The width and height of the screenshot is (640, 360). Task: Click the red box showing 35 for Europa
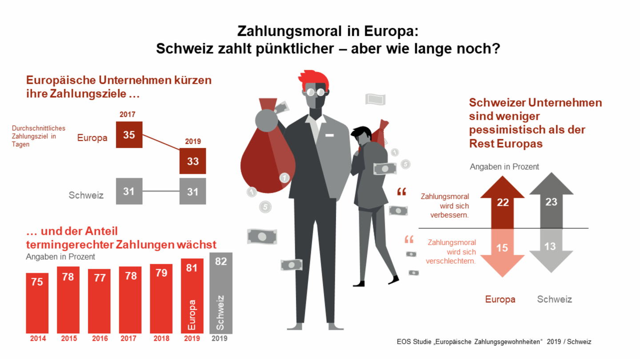pyautogui.click(x=129, y=135)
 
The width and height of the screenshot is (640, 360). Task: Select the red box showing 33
pyautogui.click(x=192, y=161)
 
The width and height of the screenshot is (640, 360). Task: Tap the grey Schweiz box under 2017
pyautogui.click(x=129, y=191)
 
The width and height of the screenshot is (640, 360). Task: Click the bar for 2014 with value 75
pyautogui.click(x=37, y=303)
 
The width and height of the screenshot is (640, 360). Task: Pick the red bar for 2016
pyautogui.click(x=99, y=301)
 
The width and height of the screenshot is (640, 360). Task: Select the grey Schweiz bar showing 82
pyautogui.click(x=221, y=293)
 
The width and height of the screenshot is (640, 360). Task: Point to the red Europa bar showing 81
pyautogui.click(x=192, y=296)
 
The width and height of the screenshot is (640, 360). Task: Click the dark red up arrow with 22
pyautogui.click(x=502, y=202)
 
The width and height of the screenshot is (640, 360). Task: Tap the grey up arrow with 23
pyautogui.click(x=551, y=200)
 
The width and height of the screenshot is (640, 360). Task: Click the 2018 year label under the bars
pyautogui.click(x=161, y=339)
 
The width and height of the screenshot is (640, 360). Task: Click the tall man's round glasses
pyautogui.click(x=316, y=92)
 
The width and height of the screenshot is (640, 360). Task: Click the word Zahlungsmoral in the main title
pyautogui.click(x=289, y=31)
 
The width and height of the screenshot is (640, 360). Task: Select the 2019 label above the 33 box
pyautogui.click(x=193, y=141)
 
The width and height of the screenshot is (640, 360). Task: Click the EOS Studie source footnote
pyautogui.click(x=494, y=342)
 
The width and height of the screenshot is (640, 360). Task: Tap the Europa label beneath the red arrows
pyautogui.click(x=500, y=299)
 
